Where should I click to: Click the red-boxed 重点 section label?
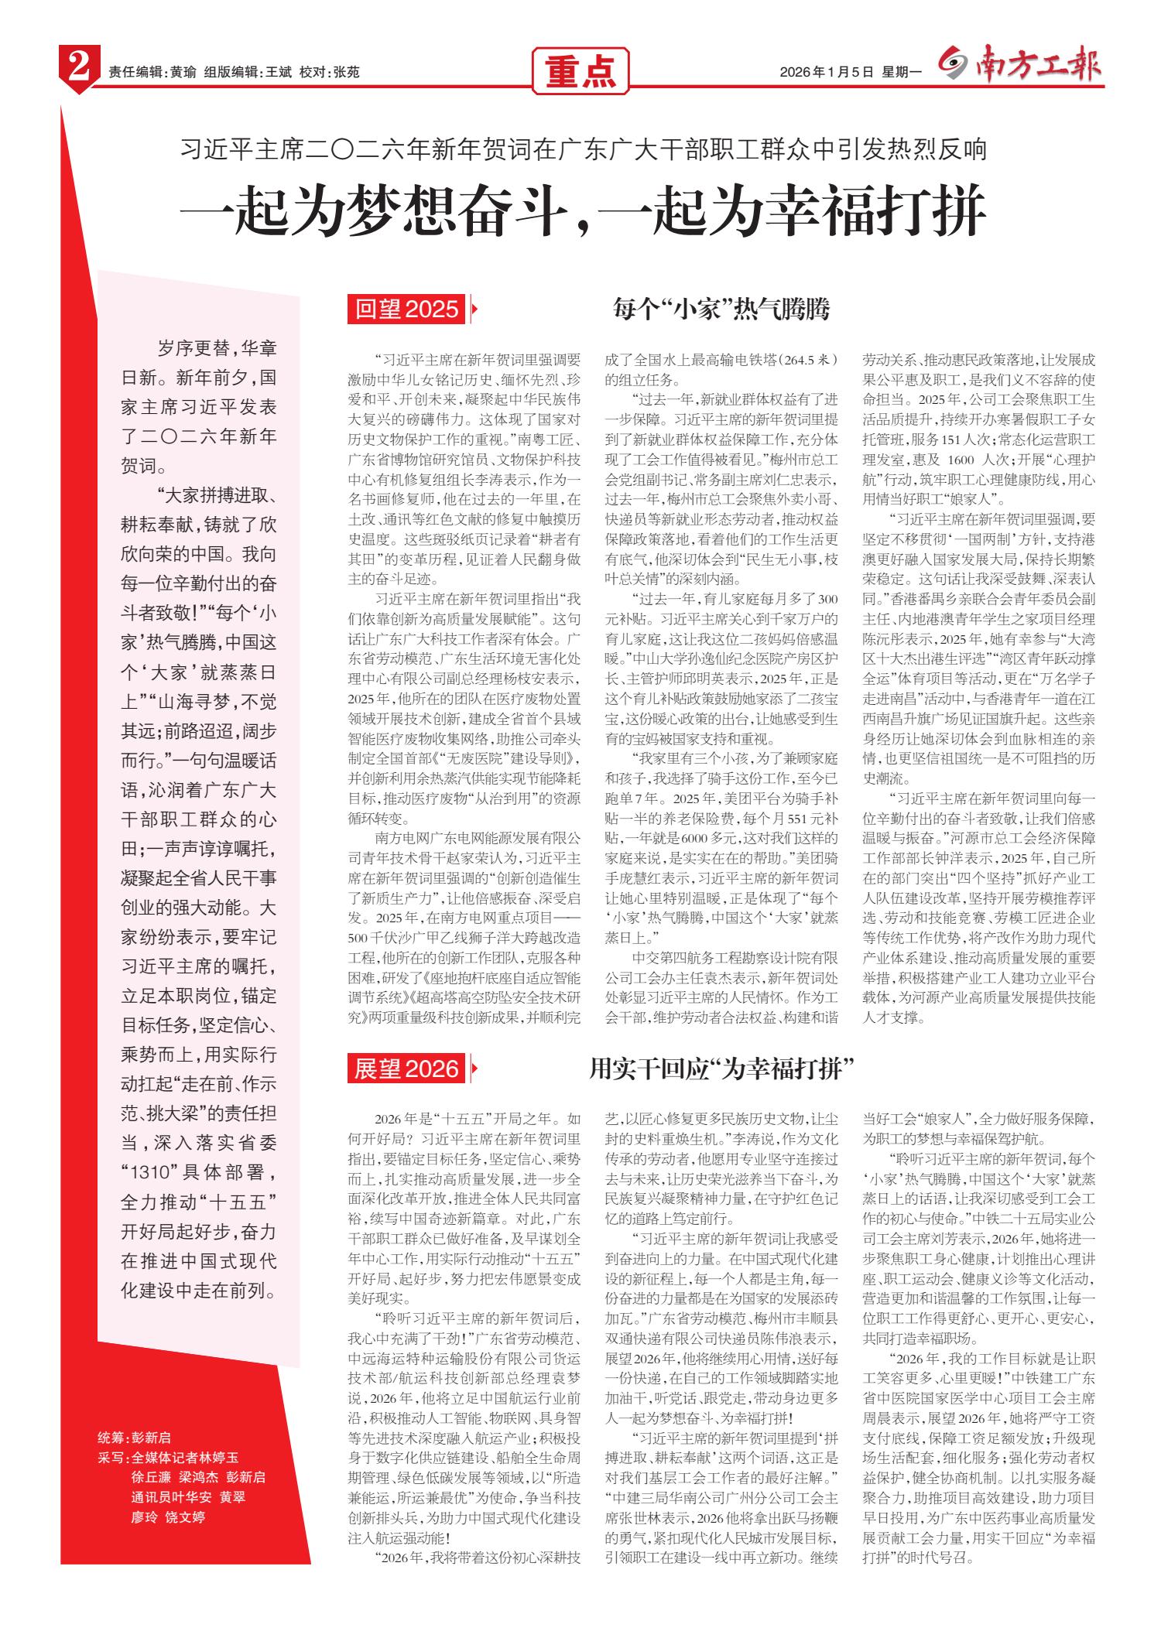(x=580, y=72)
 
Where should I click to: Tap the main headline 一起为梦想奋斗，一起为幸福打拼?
(x=584, y=210)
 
